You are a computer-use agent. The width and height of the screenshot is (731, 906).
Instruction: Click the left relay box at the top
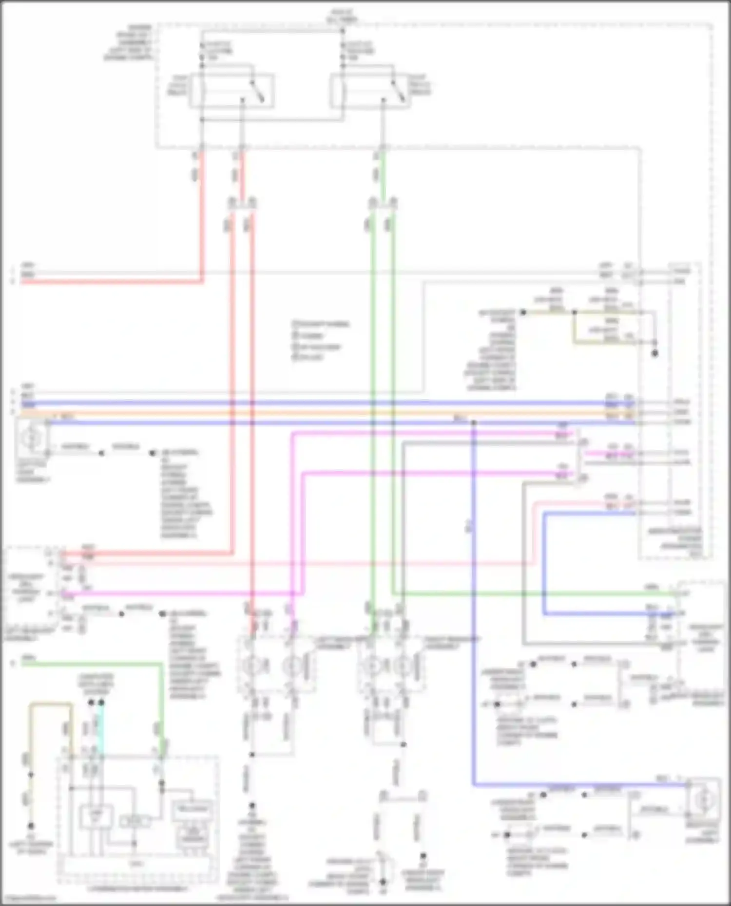[231, 91]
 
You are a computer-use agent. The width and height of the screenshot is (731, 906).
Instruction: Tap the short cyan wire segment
[101, 728]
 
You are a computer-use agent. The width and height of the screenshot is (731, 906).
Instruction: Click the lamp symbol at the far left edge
[30, 439]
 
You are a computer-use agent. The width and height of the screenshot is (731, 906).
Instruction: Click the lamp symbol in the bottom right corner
[702, 800]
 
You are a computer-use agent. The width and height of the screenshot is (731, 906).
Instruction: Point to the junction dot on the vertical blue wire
[473, 423]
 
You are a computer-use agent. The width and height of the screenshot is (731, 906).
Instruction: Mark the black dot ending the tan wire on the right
[654, 353]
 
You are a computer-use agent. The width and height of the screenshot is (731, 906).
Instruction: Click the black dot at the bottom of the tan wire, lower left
[31, 826]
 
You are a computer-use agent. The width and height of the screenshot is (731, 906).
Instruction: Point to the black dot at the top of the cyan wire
[101, 703]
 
